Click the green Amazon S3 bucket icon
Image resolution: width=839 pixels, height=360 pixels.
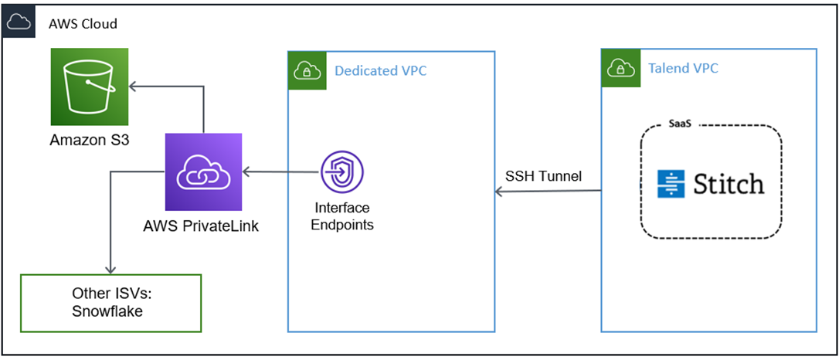click(89, 87)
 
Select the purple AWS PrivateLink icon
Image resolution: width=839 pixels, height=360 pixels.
click(203, 172)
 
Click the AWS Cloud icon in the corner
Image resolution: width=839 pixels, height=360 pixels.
click(19, 22)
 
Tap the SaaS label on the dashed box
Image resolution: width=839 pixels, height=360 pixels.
click(678, 124)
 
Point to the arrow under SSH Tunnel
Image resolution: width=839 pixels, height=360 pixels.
click(548, 191)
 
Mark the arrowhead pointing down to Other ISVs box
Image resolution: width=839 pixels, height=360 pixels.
click(111, 268)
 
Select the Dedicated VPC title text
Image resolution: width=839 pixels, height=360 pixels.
click(380, 71)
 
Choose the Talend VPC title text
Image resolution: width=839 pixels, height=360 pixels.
click(683, 68)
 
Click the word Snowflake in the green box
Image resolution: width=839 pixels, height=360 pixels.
click(108, 311)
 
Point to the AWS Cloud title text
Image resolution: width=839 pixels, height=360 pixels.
click(83, 23)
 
